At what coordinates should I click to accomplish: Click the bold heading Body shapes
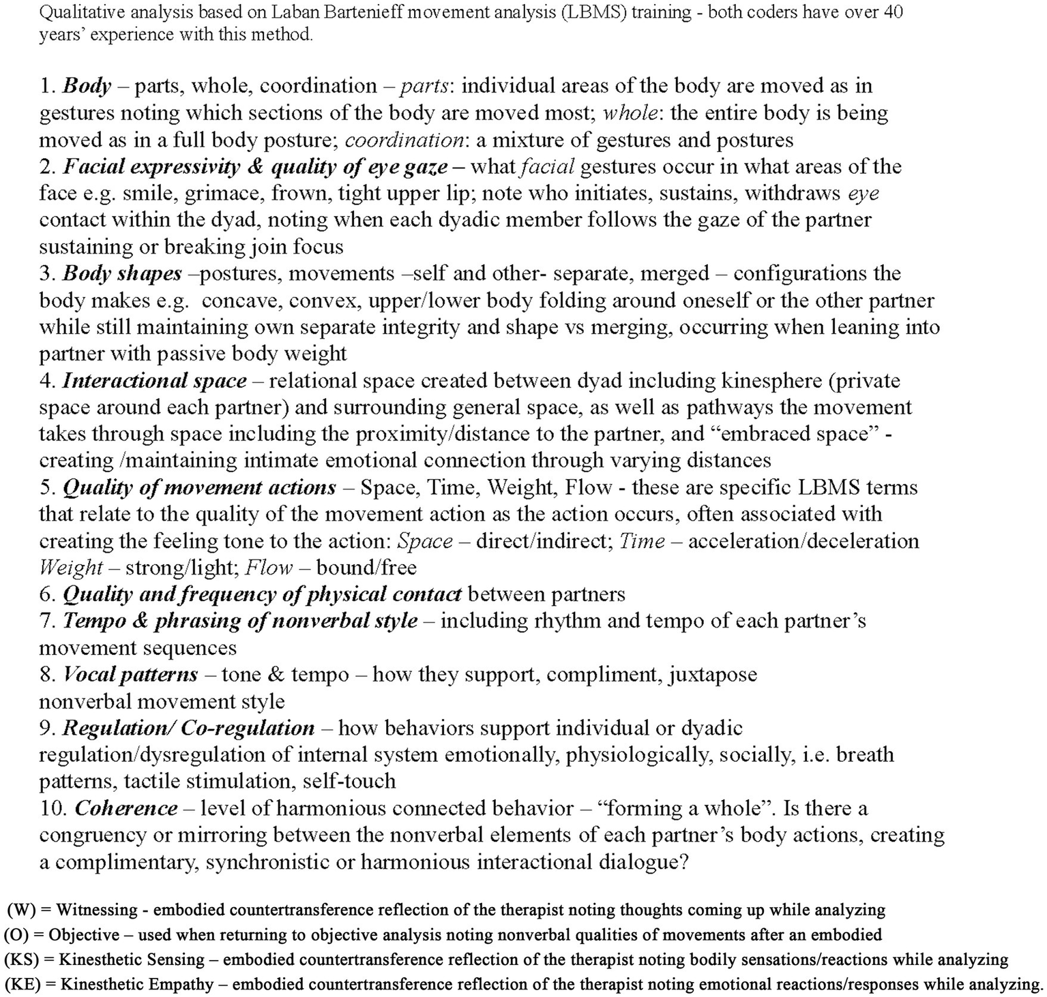click(122, 274)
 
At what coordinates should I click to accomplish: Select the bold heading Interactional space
click(154, 380)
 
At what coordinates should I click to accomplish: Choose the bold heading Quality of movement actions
click(199, 488)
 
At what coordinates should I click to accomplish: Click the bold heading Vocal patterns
click(130, 675)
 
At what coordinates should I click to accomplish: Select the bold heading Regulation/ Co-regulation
click(188, 728)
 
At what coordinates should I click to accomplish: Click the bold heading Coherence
click(126, 809)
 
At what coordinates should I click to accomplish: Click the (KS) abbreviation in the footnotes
click(22, 960)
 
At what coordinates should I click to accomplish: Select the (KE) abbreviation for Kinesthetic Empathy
click(23, 985)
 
